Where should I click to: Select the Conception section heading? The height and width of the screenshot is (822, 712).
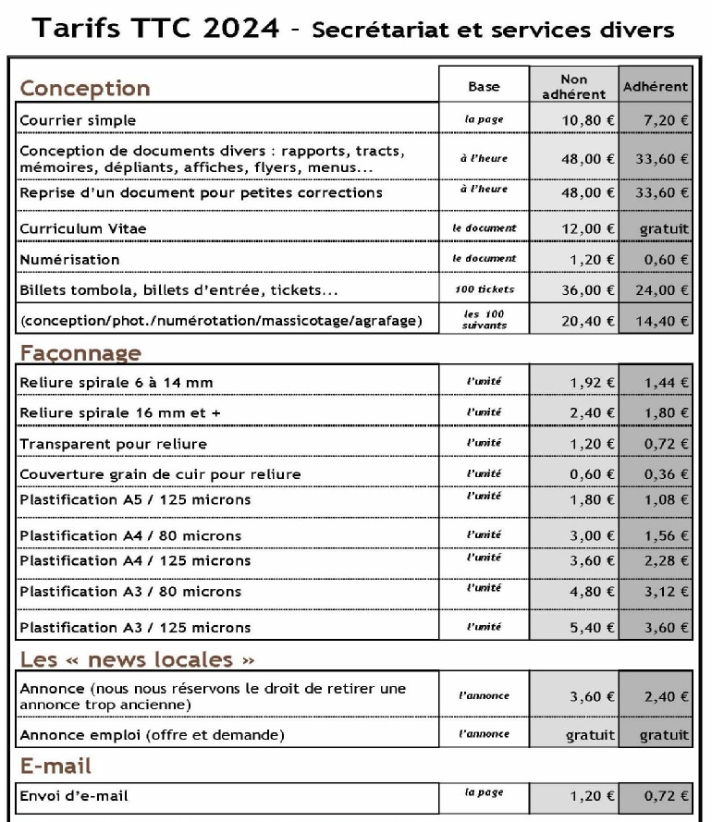coord(85,89)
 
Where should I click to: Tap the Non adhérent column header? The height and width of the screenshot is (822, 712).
coord(573,86)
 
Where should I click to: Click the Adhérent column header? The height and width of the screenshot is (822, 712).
coord(656,87)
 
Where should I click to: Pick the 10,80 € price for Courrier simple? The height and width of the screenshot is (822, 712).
coord(587,120)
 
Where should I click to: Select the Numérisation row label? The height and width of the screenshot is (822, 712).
coord(69,260)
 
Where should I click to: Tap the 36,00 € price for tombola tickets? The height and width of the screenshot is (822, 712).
coord(587,289)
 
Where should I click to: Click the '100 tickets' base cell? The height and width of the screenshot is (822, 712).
coord(485,289)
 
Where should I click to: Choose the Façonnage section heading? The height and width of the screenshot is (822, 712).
coord(80,353)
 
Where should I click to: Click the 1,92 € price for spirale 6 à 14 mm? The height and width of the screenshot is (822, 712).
coord(593,382)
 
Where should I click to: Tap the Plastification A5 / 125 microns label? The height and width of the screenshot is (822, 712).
coord(135,500)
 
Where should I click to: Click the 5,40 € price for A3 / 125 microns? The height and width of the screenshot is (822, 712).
coord(593,628)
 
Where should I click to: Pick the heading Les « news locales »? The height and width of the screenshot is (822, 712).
coord(137,659)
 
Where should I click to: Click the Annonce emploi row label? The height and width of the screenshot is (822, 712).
coord(152,735)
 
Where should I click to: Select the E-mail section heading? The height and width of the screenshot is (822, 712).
coord(55,767)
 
